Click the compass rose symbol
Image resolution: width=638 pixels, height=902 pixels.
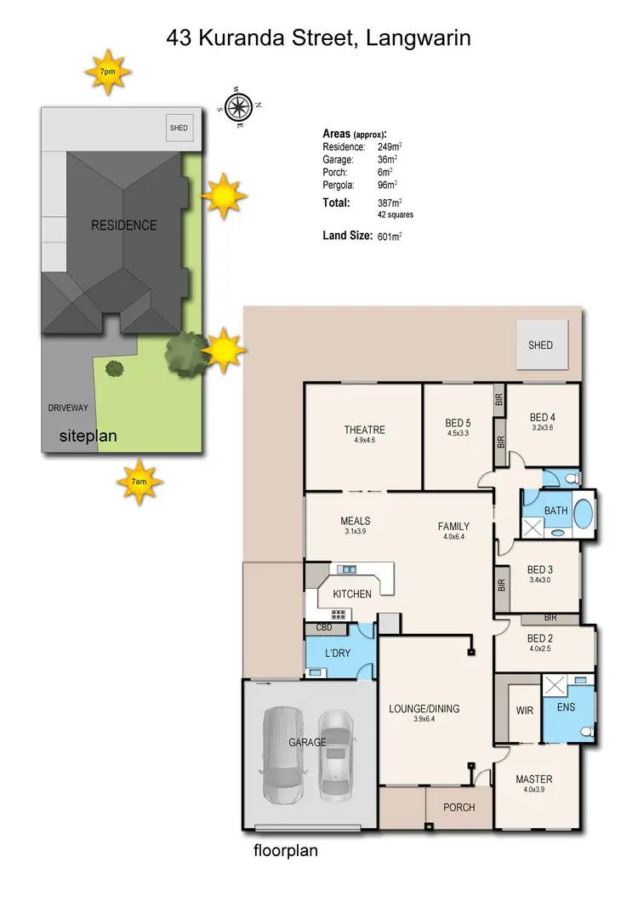coord(240,107)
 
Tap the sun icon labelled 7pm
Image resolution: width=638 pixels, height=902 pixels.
coord(107,74)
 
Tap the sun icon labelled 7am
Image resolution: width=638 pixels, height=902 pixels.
coord(139,482)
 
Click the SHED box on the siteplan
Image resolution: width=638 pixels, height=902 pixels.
coord(179,128)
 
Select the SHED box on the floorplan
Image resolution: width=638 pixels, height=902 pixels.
coord(540,345)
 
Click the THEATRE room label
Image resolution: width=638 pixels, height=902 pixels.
coord(364,430)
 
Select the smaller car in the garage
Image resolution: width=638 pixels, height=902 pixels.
coord(335,754)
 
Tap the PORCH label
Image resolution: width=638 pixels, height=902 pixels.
coord(459,807)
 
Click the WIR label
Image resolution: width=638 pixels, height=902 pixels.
coord(525,710)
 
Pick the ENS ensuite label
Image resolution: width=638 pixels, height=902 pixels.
coord(566,706)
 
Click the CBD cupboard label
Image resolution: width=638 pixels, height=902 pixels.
coord(324,629)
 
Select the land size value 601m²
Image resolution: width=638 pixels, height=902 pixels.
coord(389,237)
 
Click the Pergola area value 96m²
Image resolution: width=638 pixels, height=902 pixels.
coord(388,184)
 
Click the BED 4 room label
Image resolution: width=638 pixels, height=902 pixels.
coord(542,417)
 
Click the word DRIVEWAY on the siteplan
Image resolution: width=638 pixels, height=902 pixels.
coord(69,408)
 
